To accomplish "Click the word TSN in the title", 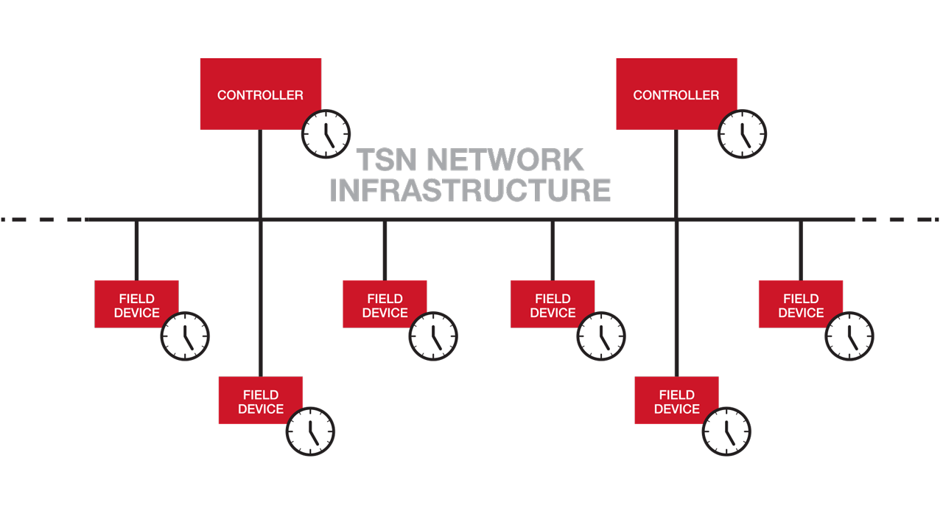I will [385, 160].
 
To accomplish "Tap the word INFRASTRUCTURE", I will [470, 190].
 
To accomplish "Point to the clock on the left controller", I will [326, 134].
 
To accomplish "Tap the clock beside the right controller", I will [742, 134].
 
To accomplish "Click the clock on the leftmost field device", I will [185, 336].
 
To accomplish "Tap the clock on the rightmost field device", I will [849, 336].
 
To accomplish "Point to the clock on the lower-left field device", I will [310, 431].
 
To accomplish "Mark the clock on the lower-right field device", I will [726, 431].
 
